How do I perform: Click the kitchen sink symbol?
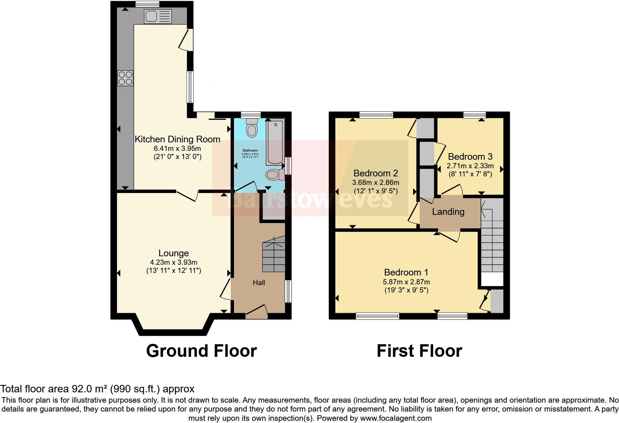(158, 16)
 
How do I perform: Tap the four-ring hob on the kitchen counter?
(126, 78)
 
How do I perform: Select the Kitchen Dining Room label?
(177, 139)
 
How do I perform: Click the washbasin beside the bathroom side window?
(274, 175)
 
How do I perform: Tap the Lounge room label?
(174, 253)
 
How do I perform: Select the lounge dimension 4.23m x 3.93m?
(174, 262)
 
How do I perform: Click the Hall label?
(259, 283)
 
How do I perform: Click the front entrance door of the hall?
(257, 312)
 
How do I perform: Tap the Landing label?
(448, 212)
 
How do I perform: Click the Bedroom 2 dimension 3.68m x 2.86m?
(376, 183)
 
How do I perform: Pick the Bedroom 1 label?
(406, 273)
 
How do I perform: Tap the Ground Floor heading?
(201, 351)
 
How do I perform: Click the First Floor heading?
(419, 351)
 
